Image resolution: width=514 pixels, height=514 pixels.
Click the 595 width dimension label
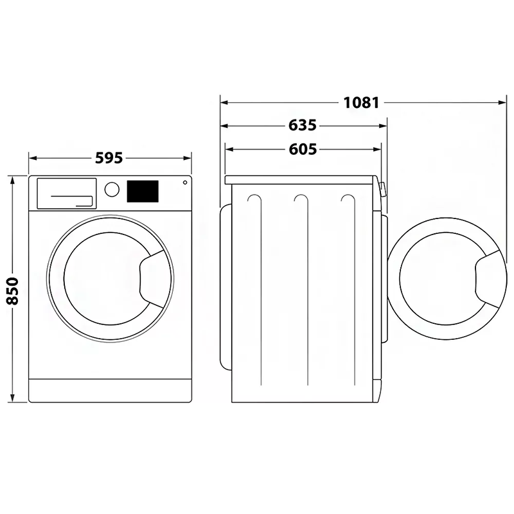pos(109,158)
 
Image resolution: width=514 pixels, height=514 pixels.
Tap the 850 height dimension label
pos(13,291)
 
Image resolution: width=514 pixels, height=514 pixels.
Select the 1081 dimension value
pos(361,103)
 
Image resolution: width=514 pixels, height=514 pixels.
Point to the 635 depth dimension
pos(303,125)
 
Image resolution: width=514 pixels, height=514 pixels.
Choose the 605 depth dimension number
pos(303,149)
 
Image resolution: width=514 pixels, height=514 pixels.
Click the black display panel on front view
pos(143,191)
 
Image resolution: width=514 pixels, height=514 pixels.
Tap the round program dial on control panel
pos(112,190)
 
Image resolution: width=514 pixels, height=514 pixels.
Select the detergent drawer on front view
pos(67,193)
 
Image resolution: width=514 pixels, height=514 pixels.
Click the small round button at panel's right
pos(185,182)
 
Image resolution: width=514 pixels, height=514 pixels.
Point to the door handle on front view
pos(152,279)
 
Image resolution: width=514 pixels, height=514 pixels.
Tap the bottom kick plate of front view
pos(110,391)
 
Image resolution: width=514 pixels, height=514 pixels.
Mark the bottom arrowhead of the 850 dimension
pos(13,398)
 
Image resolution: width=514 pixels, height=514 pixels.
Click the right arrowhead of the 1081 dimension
pos(502,103)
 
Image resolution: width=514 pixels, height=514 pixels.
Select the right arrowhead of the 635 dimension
pos(383,125)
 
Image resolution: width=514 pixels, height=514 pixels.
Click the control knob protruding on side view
pos(382,190)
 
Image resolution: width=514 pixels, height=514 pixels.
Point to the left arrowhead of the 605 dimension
pos(229,150)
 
